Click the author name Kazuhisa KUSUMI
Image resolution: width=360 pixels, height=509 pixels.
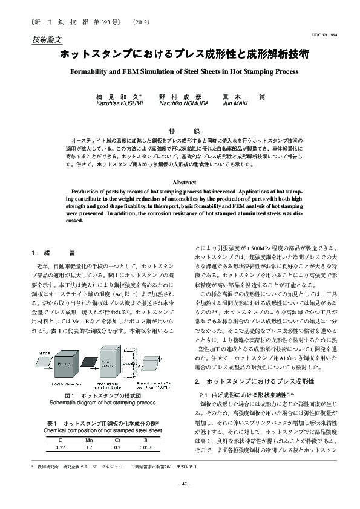click(x=119, y=103)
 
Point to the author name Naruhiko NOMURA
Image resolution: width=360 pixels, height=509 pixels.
click(x=183, y=103)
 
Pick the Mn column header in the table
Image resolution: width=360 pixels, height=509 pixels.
click(x=88, y=440)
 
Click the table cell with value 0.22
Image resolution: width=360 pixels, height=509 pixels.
click(x=60, y=448)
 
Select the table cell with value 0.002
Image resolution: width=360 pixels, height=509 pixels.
click(x=145, y=448)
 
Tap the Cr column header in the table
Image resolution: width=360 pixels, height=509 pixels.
click(x=117, y=440)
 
